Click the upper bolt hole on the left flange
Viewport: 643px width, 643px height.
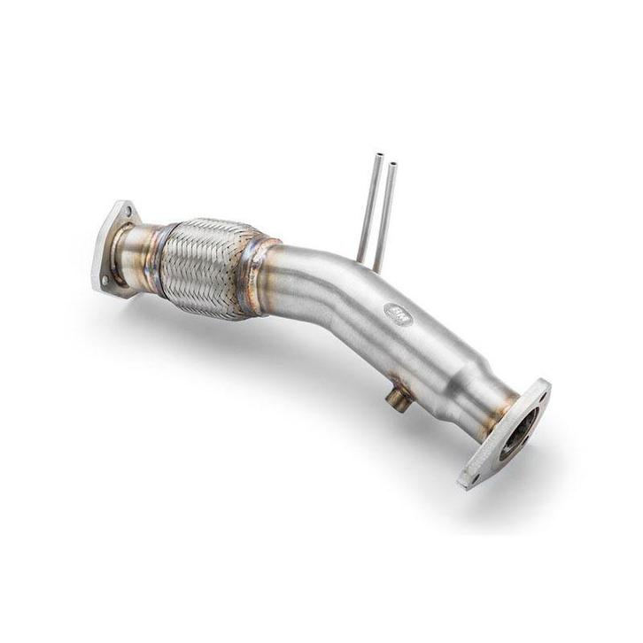point(128,213)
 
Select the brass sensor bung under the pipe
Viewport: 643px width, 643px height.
point(398,400)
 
